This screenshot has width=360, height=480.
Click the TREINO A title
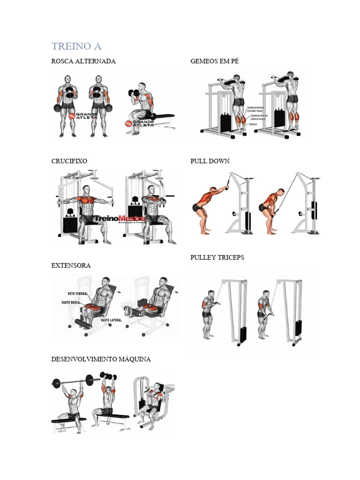[76, 46]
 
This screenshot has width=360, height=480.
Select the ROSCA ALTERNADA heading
[83, 61]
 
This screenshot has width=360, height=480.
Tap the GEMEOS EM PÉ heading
[214, 61]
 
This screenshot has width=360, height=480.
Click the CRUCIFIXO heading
[69, 161]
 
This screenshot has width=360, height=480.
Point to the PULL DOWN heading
[210, 161]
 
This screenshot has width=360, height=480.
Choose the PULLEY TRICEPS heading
[217, 258]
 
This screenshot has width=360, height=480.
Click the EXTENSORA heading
[71, 266]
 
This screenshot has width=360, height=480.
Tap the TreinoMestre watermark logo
[119, 219]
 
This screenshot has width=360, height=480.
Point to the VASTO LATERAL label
[111, 320]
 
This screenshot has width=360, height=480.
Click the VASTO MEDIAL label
[72, 303]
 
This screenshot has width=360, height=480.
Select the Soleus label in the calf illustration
[253, 125]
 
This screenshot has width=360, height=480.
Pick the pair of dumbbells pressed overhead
[108, 376]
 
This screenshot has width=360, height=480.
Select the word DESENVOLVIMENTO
[79, 360]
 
